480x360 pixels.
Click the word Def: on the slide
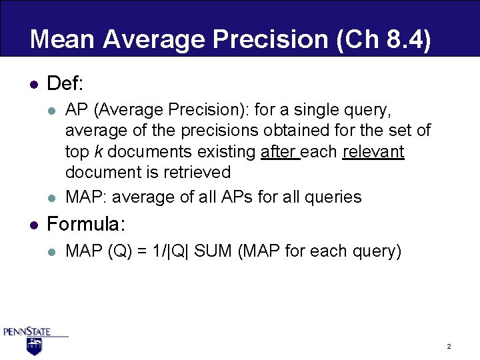pos(65,84)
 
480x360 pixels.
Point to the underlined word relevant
pos(373,151)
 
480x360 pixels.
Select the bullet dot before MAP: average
pos(52,197)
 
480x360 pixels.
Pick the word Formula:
pos(87,224)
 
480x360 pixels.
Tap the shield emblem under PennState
pos(34,346)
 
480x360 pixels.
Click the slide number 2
pos(449,347)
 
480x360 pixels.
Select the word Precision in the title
pos(275,39)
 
